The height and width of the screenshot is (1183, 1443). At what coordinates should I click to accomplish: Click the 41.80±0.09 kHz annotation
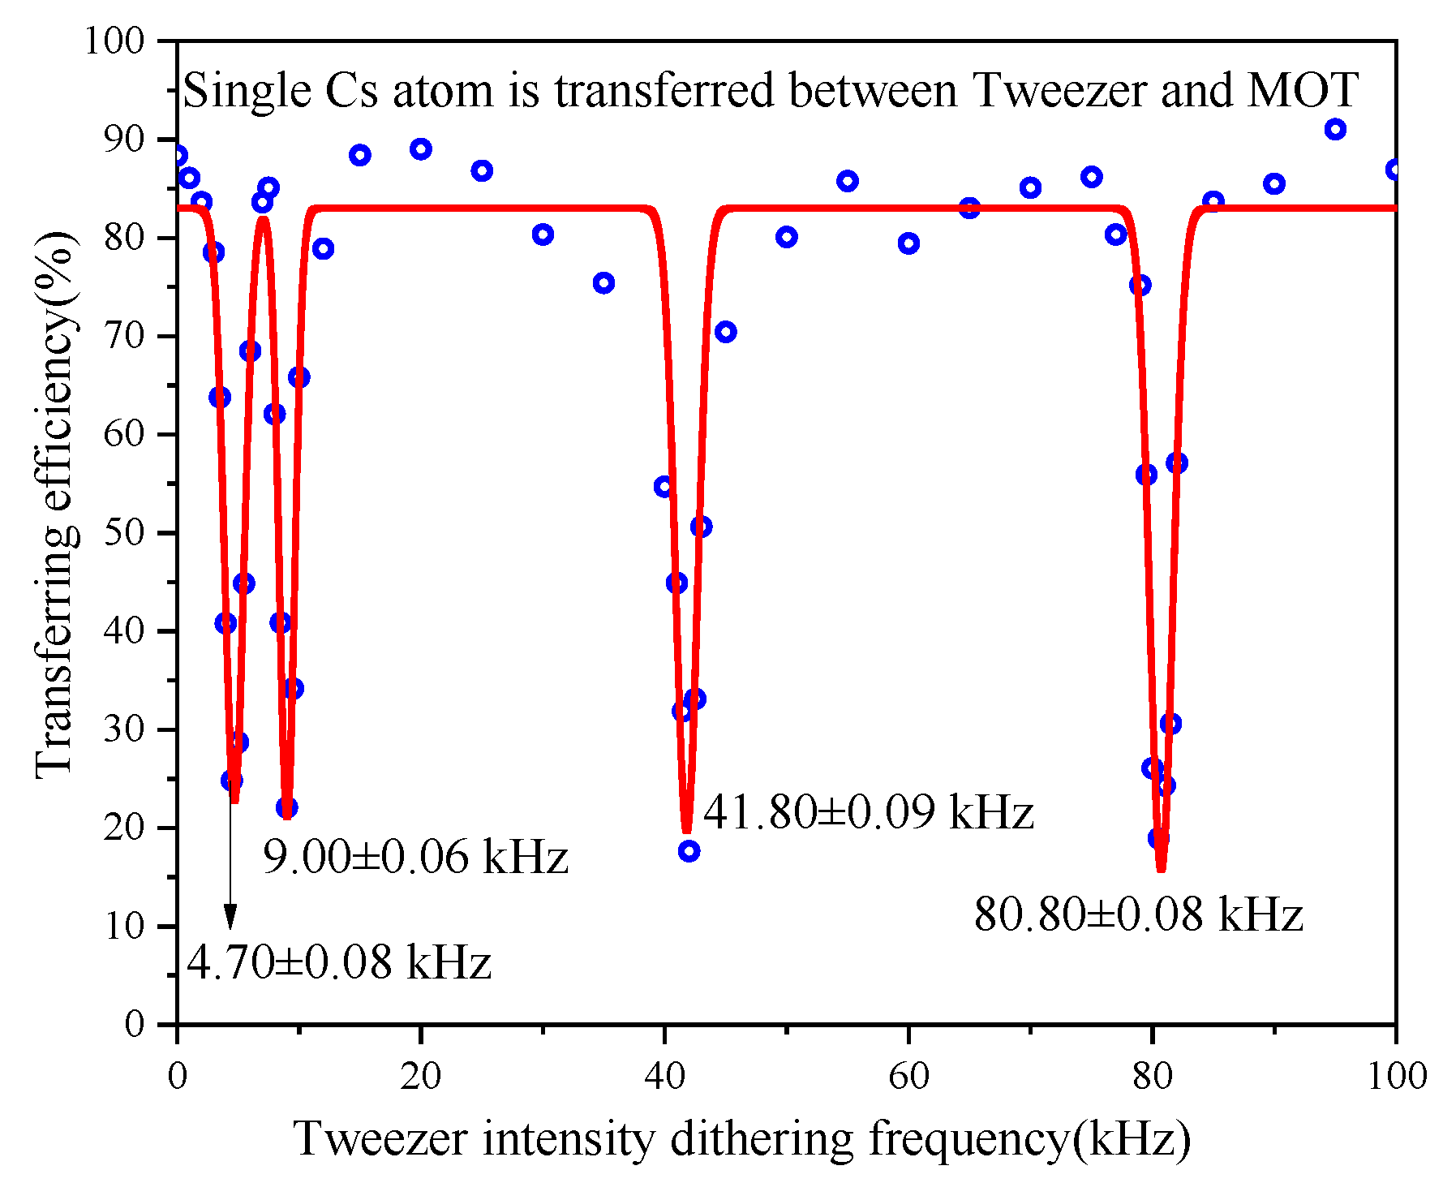(x=868, y=812)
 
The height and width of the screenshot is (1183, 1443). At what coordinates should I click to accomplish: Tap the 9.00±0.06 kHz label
(x=415, y=857)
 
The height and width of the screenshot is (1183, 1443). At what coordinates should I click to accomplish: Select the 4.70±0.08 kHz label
(x=339, y=963)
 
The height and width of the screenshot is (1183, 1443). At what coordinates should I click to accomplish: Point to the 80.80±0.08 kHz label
(x=1138, y=914)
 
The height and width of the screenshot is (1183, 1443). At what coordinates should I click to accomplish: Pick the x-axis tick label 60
(x=908, y=1077)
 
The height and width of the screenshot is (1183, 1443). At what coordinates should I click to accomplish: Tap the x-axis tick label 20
(x=420, y=1077)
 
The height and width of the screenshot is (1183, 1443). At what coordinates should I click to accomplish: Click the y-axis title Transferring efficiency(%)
(x=55, y=505)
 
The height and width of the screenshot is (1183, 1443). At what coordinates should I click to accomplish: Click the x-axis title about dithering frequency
(x=742, y=1138)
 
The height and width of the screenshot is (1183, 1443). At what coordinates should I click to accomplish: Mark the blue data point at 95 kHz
(x=1335, y=129)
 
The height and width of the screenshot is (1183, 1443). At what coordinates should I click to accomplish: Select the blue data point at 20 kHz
(x=420, y=149)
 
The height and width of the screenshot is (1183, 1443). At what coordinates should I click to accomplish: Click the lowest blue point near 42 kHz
(x=689, y=851)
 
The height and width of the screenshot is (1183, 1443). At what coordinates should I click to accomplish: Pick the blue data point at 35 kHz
(x=603, y=283)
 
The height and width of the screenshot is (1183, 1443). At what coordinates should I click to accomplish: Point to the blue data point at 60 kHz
(x=908, y=243)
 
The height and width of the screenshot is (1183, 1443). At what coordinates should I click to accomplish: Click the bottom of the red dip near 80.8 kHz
(x=1161, y=868)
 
